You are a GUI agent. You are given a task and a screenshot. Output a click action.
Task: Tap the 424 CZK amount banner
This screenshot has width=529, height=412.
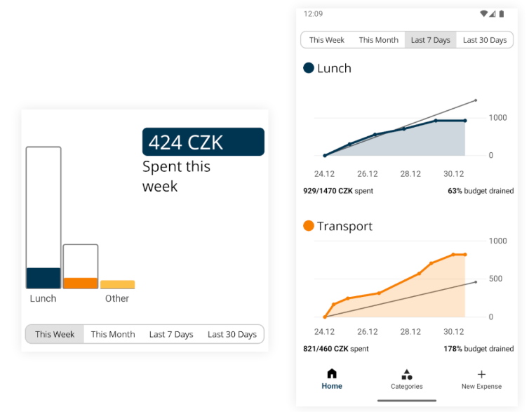click(x=203, y=142)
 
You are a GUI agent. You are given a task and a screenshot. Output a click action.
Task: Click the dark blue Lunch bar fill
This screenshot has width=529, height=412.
click(x=43, y=278)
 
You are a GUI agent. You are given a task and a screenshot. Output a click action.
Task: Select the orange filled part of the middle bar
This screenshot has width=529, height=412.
click(x=81, y=284)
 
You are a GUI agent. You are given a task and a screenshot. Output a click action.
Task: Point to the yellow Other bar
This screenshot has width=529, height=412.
click(x=117, y=285)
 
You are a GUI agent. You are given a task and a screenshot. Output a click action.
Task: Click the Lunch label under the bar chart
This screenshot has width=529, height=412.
click(x=43, y=298)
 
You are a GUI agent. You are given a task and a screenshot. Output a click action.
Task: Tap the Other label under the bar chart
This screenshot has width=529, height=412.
click(x=117, y=298)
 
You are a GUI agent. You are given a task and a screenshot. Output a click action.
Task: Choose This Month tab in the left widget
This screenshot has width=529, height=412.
click(x=113, y=334)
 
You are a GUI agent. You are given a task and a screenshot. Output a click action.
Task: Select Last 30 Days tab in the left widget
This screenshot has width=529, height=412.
click(x=232, y=334)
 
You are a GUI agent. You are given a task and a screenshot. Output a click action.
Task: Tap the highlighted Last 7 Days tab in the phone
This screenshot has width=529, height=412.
click(x=430, y=40)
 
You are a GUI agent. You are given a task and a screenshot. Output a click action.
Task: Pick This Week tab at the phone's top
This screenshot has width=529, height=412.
click(x=327, y=40)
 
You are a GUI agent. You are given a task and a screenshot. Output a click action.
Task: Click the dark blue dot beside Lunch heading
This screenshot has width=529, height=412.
click(x=309, y=68)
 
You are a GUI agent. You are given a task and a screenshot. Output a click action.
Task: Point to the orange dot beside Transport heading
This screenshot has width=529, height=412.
click(x=309, y=226)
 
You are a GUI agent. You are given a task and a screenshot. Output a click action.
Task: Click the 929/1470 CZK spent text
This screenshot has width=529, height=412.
click(x=338, y=191)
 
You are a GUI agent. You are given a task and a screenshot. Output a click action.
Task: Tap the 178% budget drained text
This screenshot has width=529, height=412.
click(x=478, y=349)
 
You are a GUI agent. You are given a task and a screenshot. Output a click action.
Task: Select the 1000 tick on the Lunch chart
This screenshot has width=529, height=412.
click(x=497, y=117)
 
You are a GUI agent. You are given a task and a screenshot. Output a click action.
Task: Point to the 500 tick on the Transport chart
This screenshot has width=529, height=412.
click(x=495, y=279)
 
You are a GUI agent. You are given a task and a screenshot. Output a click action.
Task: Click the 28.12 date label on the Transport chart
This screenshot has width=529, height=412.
click(x=410, y=332)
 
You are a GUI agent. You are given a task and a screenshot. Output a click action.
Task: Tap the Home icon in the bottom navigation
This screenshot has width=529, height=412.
click(x=332, y=374)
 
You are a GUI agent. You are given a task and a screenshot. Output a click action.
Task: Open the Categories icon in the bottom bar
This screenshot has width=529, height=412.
click(x=407, y=374)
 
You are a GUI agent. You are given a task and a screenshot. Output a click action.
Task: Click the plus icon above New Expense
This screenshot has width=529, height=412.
click(x=481, y=374)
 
